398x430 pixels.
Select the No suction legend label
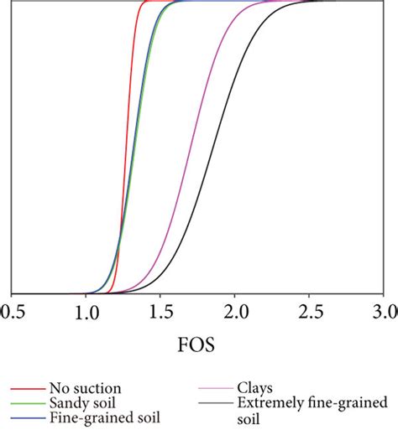coord(85,388)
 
